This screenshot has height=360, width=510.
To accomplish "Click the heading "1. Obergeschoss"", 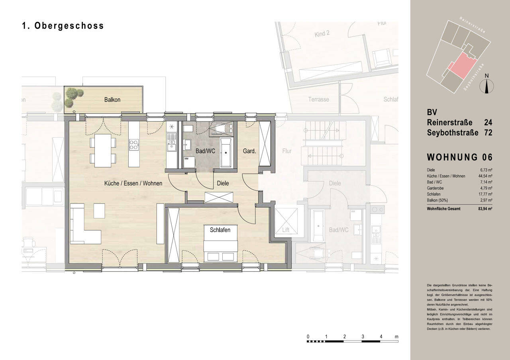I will click(x=63, y=26).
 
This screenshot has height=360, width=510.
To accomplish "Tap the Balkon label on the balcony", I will click(x=112, y=100).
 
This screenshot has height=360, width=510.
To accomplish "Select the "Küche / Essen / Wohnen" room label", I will click(x=133, y=184).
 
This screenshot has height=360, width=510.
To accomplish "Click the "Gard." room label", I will click(x=249, y=151).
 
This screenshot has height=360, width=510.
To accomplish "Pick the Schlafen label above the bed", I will click(x=220, y=230).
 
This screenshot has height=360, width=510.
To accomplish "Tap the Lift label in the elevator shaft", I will click(x=286, y=230).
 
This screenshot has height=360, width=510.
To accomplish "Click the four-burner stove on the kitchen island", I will click(x=134, y=145).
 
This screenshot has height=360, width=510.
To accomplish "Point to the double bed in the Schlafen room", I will click(x=221, y=247).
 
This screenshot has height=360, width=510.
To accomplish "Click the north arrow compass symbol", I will click(x=486, y=85).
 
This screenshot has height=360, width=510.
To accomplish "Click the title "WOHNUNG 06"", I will click(x=459, y=157).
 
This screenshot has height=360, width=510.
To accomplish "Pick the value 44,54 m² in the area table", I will click(x=486, y=176).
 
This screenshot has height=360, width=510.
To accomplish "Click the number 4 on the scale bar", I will click(x=381, y=337).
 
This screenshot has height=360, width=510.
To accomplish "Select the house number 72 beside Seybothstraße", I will click(x=488, y=133).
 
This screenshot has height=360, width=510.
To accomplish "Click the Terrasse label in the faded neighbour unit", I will click(x=318, y=99).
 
